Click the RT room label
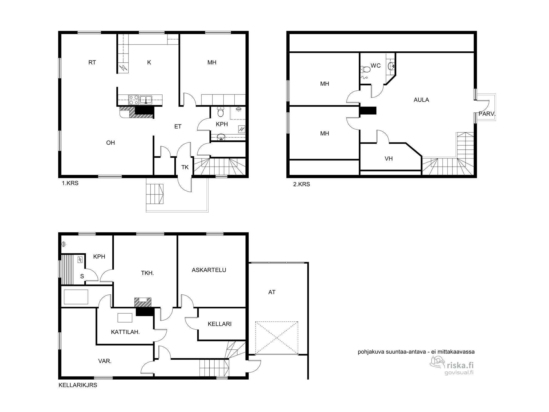(92, 63)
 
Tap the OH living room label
(111, 143)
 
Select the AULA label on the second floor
(421, 100)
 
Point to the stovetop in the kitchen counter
(134, 99)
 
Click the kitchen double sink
(146, 99)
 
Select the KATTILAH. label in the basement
(125, 332)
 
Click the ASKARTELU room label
(209, 270)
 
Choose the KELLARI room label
(220, 324)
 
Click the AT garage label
(272, 293)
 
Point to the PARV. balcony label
(487, 114)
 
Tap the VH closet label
(389, 159)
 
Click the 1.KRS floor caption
(70, 183)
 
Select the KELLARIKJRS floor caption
(78, 385)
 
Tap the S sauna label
(82, 277)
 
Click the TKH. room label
(147, 273)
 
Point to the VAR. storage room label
(105, 361)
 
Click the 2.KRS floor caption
(302, 185)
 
